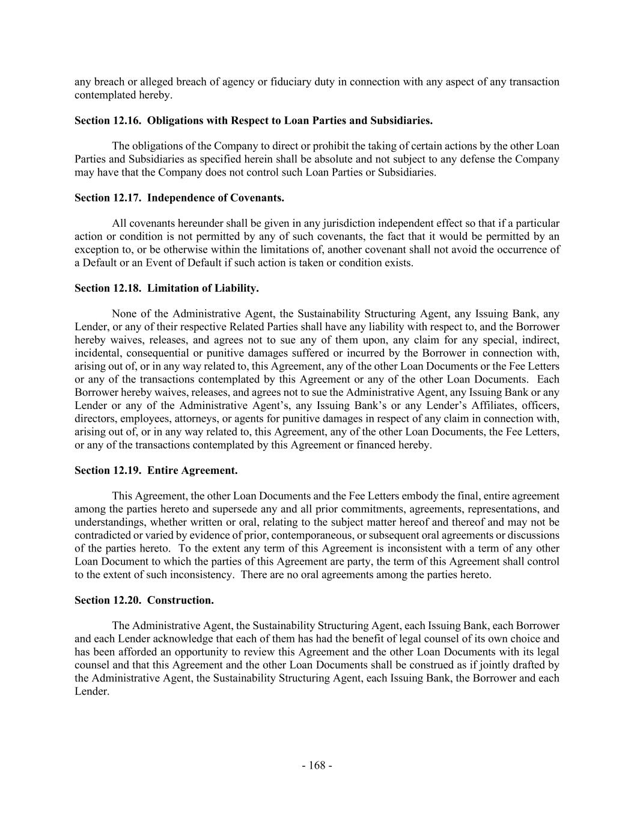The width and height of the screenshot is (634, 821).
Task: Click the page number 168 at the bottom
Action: pyautogui.click(x=317, y=766)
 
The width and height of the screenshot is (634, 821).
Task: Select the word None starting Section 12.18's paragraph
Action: pyautogui.click(x=124, y=314)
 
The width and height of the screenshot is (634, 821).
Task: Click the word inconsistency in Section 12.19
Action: pyautogui.click(x=203, y=574)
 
